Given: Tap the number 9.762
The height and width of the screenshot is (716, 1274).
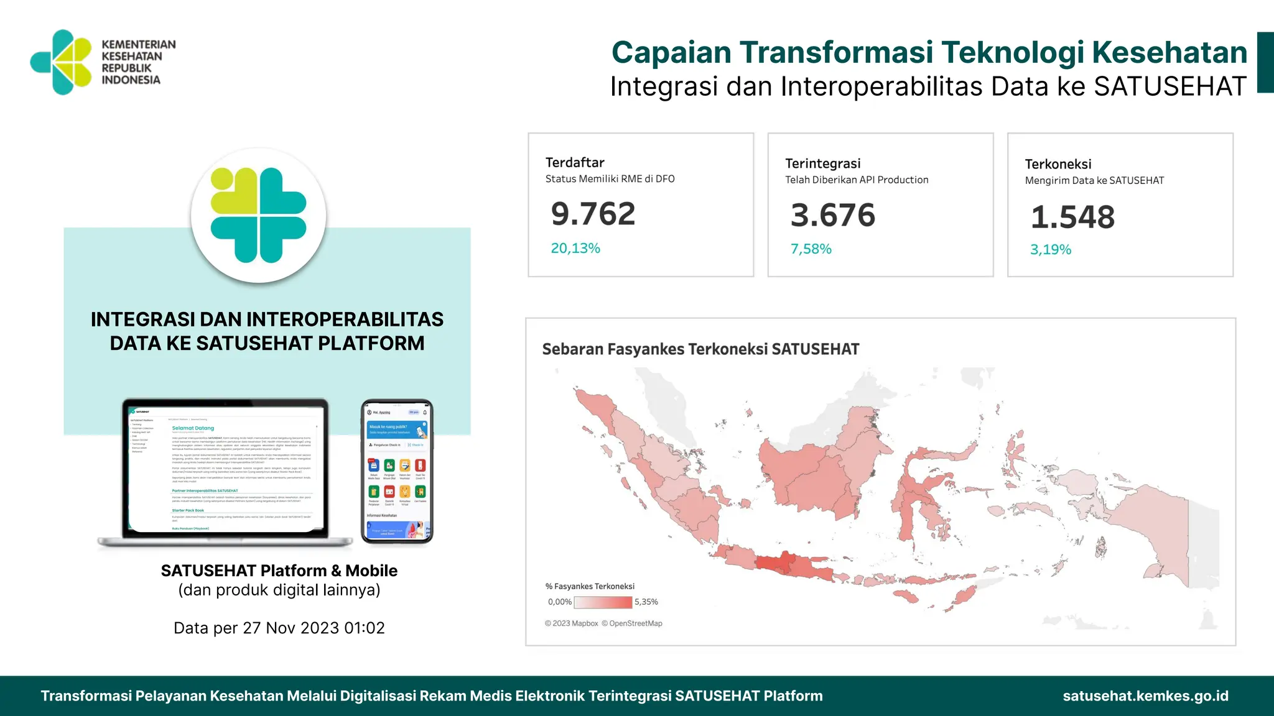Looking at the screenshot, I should tap(593, 214).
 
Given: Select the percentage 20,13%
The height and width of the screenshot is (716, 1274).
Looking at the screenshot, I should tap(575, 249).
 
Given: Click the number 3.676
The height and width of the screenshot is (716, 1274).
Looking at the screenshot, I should tap(832, 215).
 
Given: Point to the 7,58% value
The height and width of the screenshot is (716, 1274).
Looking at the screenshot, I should tap(811, 249).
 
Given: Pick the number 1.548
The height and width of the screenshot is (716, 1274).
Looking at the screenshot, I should tap(1072, 217).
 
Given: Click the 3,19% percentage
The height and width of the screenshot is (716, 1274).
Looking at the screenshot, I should tap(1051, 250).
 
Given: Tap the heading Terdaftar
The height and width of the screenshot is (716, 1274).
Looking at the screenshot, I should tap(575, 163).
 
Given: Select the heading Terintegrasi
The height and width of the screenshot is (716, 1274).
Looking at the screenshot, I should tap(822, 163).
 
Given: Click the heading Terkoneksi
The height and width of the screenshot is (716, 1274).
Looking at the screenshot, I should tap(1058, 164).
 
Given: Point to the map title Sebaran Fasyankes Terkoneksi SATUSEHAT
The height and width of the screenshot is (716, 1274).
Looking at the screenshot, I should tap(700, 349).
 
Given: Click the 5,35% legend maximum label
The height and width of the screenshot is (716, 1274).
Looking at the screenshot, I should tap(646, 602).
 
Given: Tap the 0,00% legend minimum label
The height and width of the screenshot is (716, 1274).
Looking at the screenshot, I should tap(559, 602).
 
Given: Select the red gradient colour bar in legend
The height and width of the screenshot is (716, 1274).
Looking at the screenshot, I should tap(603, 602).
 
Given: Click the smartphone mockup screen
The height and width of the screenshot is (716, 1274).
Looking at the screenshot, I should tap(397, 471).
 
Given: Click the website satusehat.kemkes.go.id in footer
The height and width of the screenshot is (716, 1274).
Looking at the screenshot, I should tap(1145, 696).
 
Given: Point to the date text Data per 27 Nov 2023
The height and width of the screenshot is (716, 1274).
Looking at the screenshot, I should tap(279, 628).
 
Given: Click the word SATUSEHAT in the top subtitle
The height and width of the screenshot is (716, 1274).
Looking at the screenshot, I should tap(1170, 86).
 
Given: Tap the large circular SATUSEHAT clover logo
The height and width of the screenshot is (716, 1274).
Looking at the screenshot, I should tap(258, 215).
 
